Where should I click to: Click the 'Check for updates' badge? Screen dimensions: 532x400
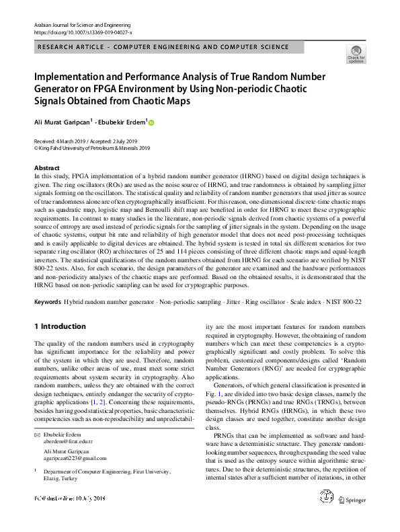355,53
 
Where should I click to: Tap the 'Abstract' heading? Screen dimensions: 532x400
46,167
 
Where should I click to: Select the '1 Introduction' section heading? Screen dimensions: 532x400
60,326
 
